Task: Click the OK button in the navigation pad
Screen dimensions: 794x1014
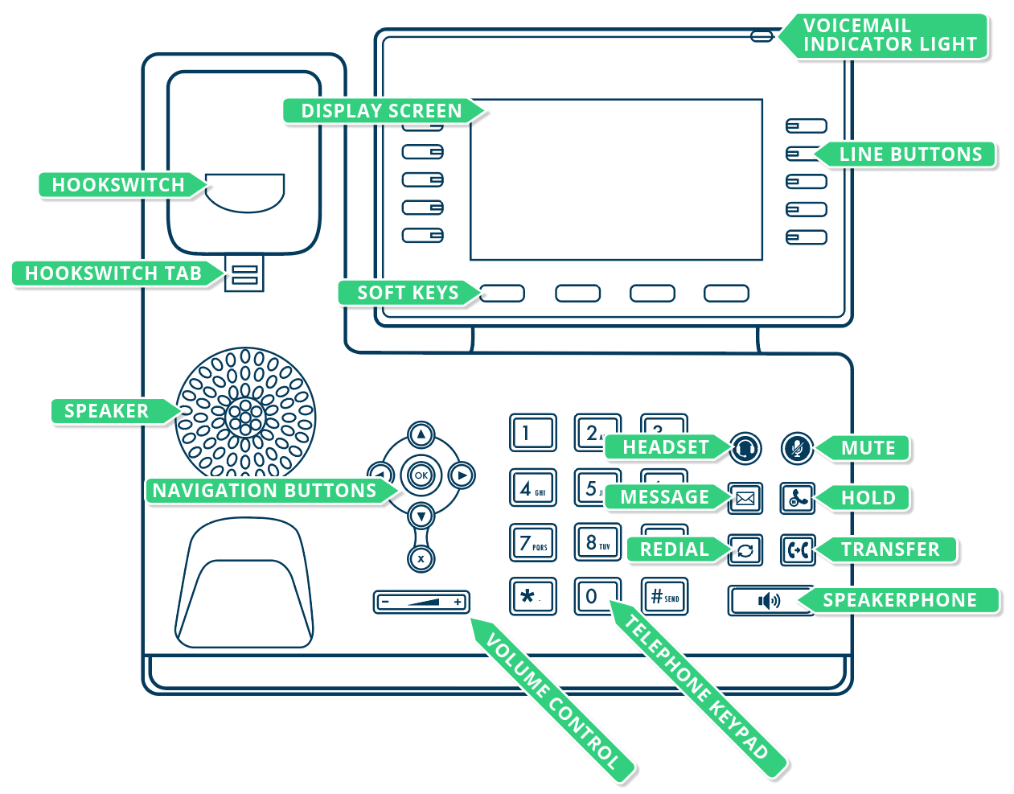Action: pyautogui.click(x=421, y=475)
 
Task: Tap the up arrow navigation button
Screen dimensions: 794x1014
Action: pyautogui.click(x=421, y=435)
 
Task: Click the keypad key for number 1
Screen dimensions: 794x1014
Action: pyautogui.click(x=532, y=433)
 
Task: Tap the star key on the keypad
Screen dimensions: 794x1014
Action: pyautogui.click(x=532, y=596)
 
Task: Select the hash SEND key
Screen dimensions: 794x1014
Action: pyautogui.click(x=664, y=597)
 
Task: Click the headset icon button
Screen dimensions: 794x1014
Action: pyautogui.click(x=745, y=448)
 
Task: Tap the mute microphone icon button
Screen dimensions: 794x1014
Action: pyautogui.click(x=797, y=448)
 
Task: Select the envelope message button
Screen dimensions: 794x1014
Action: pyautogui.click(x=745, y=499)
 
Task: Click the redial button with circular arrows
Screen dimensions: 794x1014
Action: pyautogui.click(x=745, y=550)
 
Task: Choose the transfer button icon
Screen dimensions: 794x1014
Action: pyautogui.click(x=798, y=550)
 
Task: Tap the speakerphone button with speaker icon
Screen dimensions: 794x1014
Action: pyautogui.click(x=770, y=601)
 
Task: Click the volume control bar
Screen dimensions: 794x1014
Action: pyautogui.click(x=421, y=602)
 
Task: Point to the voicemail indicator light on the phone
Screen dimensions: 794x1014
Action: pyautogui.click(x=762, y=36)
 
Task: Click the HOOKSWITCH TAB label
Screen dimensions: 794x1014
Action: pyautogui.click(x=113, y=274)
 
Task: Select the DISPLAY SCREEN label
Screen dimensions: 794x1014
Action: pyautogui.click(x=382, y=111)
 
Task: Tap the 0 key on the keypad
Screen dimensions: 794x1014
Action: pyautogui.click(x=597, y=596)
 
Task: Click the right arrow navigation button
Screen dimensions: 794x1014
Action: pyautogui.click(x=462, y=475)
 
